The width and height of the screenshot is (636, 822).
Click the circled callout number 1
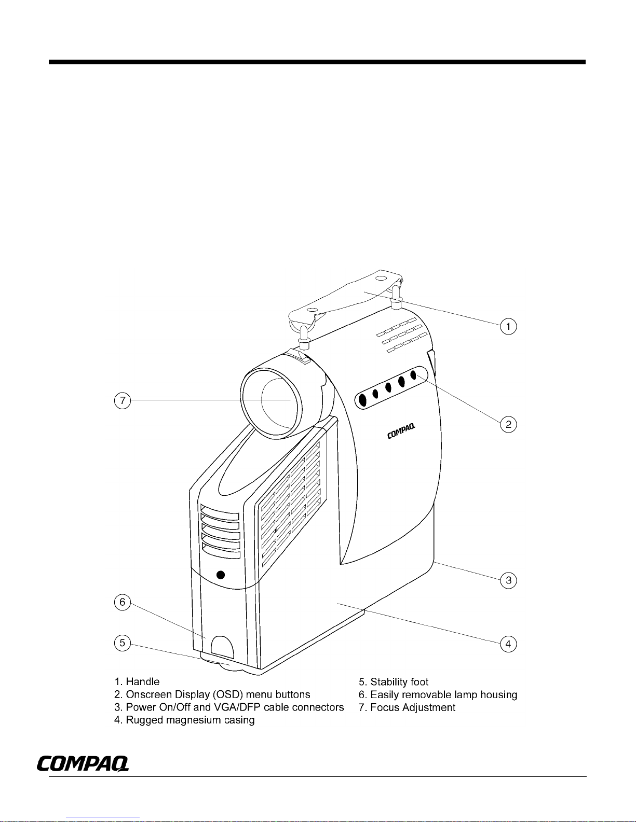pyautogui.click(x=508, y=327)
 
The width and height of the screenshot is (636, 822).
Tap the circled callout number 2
pyautogui.click(x=508, y=424)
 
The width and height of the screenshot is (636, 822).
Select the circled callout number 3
pyautogui.click(x=508, y=580)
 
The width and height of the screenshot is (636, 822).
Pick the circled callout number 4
pyautogui.click(x=508, y=644)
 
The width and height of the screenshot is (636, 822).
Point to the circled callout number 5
pyautogui.click(x=122, y=643)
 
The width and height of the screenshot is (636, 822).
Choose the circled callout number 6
pyautogui.click(x=122, y=602)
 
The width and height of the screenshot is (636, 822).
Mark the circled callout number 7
pyautogui.click(x=122, y=401)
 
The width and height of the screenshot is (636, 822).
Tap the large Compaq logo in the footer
pyautogui.click(x=83, y=763)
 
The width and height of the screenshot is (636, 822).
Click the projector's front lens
pyautogui.click(x=273, y=401)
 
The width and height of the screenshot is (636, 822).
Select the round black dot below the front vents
pyautogui.click(x=221, y=575)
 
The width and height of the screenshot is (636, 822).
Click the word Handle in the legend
pyautogui.click(x=143, y=681)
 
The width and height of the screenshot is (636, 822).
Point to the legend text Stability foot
pyautogui.click(x=399, y=681)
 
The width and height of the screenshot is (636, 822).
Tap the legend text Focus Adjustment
pyautogui.click(x=413, y=707)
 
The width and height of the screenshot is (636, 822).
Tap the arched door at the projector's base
pyautogui.click(x=222, y=647)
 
